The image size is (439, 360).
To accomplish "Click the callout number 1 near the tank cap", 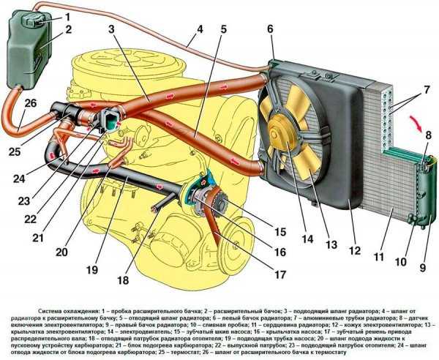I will click(x=67, y=15).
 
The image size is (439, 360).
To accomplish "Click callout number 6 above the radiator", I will click(x=270, y=29).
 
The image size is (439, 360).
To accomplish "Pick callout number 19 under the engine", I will click(x=91, y=269).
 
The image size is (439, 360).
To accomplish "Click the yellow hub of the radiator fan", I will click(x=281, y=132).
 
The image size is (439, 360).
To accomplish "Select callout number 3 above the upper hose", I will click(x=111, y=29).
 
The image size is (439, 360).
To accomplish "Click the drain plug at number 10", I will click(x=414, y=217).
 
